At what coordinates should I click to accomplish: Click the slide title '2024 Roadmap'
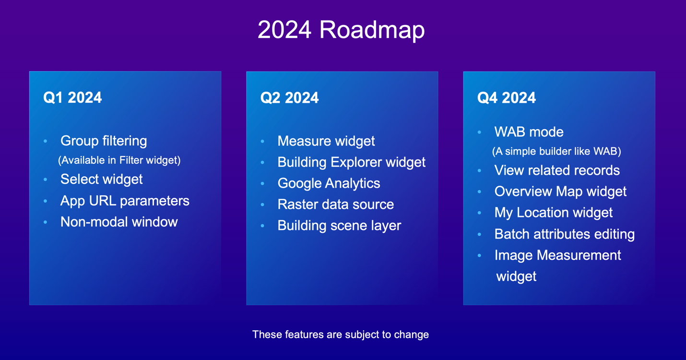coord(341,30)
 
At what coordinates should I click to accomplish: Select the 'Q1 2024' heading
coord(72,98)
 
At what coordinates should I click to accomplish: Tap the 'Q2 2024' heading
coord(289,98)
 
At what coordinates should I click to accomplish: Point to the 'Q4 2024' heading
coord(506,98)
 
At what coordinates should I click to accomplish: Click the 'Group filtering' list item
coord(104,141)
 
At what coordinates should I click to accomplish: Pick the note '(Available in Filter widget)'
coord(119,160)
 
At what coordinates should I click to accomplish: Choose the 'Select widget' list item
coord(101,180)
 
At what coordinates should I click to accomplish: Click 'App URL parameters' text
coord(125,201)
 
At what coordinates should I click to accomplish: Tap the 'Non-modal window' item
coord(119,222)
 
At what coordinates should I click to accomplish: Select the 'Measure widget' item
coord(326,141)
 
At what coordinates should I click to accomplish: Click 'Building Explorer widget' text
coord(351,162)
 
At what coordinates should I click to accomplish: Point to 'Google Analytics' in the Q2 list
coord(329,183)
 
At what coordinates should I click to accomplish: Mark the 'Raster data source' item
coord(335,204)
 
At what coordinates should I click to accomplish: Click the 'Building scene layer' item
coord(339,226)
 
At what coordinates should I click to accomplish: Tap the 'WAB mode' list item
coord(529,132)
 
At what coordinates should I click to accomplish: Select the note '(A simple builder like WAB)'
coord(556,152)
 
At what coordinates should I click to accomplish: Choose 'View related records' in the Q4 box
coord(557,170)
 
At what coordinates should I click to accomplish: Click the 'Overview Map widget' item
coord(560,192)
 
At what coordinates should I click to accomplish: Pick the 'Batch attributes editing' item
coord(565,234)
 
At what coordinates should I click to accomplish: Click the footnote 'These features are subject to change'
coord(341,335)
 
